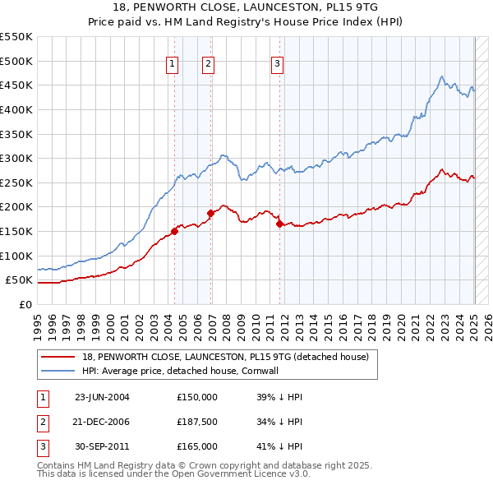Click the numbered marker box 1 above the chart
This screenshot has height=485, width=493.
tap(173, 65)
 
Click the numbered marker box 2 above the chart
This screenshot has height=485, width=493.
tap(209, 65)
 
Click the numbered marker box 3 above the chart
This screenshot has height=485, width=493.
tap(278, 65)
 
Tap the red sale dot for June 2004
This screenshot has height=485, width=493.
tap(175, 231)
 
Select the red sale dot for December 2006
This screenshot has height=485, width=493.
tap(210, 213)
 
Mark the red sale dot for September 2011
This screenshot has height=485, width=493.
tap(280, 224)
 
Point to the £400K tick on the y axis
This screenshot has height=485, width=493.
tap(18, 109)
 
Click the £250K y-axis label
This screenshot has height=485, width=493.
tap(18, 182)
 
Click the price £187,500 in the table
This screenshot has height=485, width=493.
tap(197, 422)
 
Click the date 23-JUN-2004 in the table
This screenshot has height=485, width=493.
tap(102, 397)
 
